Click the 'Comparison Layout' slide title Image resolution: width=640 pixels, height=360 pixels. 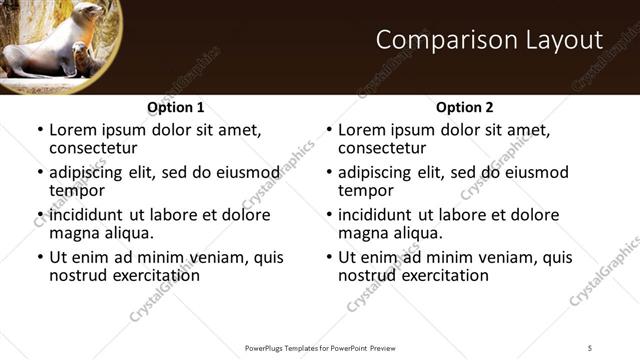click(x=490, y=40)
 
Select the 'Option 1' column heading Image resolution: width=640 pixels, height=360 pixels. click(x=176, y=107)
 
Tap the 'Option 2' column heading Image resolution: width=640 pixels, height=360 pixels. click(x=465, y=107)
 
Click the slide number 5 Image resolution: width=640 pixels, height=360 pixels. click(x=590, y=347)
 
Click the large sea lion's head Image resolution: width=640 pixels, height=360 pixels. click(x=87, y=13)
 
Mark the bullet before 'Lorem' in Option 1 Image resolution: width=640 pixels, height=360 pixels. click(x=39, y=130)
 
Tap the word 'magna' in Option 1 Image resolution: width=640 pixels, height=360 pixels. click(x=74, y=233)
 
